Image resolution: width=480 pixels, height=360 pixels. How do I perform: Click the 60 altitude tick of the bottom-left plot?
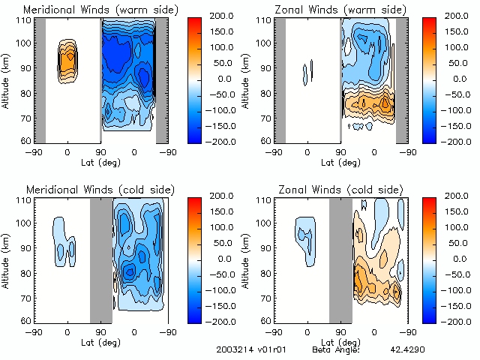point(24,320)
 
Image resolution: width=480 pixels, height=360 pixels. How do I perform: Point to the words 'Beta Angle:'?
point(336,349)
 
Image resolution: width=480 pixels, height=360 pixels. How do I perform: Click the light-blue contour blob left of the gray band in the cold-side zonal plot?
point(305,238)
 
